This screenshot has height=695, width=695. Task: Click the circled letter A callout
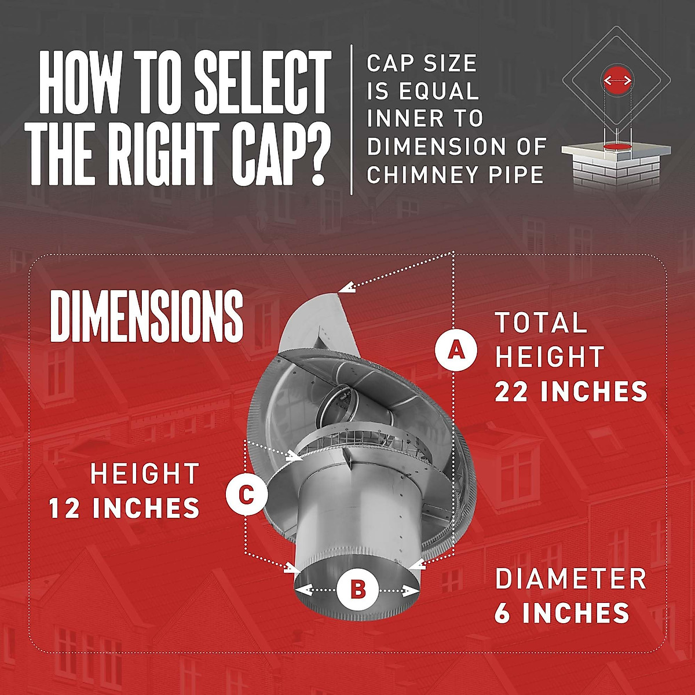point(456,349)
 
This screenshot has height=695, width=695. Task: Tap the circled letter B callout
point(357,590)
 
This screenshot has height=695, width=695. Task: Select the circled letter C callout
point(246,495)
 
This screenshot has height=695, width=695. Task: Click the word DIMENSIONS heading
point(147,316)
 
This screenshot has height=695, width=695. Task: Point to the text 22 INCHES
point(570,392)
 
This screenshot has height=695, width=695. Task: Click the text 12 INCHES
point(124,509)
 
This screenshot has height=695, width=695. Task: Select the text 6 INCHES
point(562,613)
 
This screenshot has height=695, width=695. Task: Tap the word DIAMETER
point(570,579)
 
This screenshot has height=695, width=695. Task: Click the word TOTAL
point(541,323)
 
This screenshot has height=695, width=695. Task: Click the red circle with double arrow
point(616,80)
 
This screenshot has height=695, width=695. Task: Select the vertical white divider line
point(352,119)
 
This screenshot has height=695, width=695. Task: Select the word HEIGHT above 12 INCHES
point(145,474)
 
